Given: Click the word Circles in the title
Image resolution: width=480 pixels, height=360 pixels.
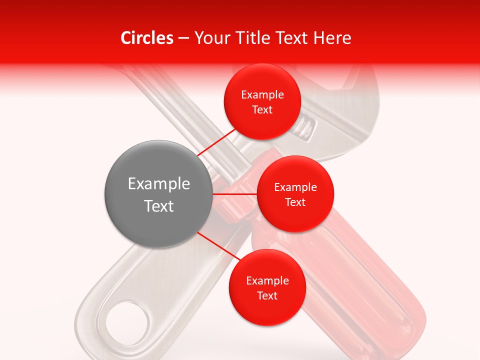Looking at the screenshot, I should [146, 38].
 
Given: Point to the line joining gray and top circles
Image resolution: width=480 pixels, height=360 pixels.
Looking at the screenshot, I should [217, 142].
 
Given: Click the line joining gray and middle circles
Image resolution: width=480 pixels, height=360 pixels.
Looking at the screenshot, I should [235, 194].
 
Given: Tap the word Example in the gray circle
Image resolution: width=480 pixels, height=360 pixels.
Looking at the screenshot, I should [159, 183].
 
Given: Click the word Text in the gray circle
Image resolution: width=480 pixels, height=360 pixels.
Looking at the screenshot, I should [159, 206].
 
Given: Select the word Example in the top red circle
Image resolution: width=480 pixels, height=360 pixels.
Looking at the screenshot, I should [262, 94].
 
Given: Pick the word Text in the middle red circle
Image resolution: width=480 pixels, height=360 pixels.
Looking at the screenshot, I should [295, 202].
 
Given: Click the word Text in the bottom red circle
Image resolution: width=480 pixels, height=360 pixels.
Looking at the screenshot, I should [267, 295].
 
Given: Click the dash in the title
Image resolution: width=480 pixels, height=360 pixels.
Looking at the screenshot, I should [183, 38].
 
